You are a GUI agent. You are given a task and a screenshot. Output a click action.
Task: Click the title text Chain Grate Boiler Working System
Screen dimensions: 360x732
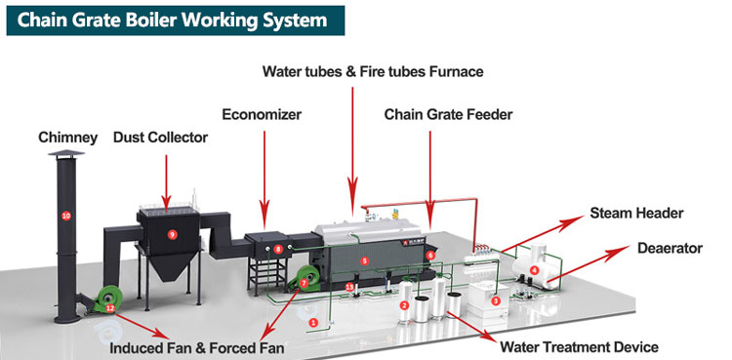point(166,20)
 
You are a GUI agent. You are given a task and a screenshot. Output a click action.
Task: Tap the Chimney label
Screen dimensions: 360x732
point(67,139)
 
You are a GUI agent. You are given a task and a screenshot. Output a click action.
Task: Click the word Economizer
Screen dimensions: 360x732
point(260,114)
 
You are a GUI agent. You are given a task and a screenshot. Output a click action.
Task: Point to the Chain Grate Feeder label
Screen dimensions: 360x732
point(448,114)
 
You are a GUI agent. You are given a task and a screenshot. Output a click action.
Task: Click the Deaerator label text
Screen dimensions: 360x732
point(669,249)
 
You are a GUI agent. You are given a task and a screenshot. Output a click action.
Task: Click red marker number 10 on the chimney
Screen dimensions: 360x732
point(66,215)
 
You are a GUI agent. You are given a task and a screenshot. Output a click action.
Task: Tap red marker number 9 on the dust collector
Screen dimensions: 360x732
point(172,234)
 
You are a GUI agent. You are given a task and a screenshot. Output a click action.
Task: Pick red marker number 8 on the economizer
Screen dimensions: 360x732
point(278,250)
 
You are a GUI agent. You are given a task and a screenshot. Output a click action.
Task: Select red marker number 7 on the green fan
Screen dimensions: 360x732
point(305,282)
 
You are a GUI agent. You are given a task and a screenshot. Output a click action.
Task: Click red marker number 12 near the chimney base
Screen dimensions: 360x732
point(110,308)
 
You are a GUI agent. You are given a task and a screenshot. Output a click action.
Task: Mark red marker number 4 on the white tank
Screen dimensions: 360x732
point(534,269)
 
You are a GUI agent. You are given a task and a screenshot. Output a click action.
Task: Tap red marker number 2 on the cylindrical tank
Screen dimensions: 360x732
point(404,305)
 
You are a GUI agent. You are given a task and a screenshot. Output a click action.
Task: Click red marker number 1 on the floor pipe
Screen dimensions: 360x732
point(313,321)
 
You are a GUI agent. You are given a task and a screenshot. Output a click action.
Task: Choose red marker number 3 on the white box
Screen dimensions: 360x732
point(496,301)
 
